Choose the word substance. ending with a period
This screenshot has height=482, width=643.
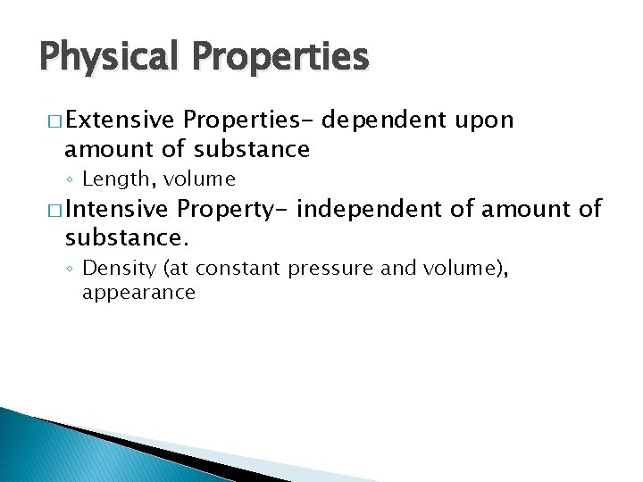pyautogui.click(x=127, y=238)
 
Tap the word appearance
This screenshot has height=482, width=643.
pyautogui.click(x=138, y=293)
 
